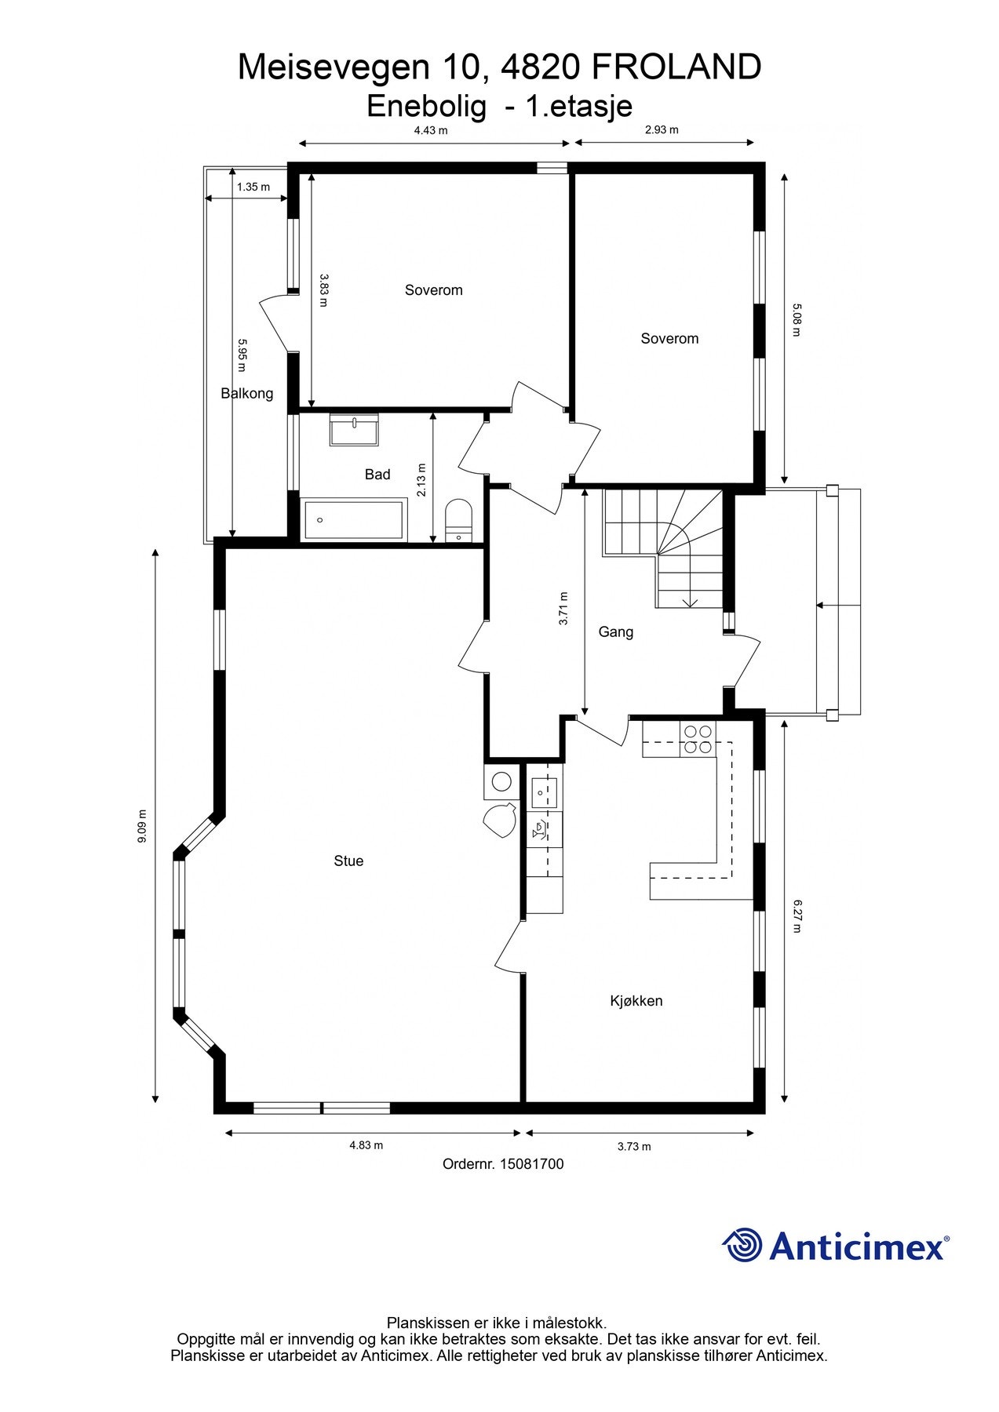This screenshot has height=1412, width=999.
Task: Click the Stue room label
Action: [348, 861]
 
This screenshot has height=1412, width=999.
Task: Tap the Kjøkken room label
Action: [636, 1000]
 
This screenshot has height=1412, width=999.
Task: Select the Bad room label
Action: [377, 474]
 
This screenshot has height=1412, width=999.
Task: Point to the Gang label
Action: [616, 631]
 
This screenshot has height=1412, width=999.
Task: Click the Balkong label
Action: [247, 393]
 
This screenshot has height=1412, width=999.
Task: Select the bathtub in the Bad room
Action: [354, 519]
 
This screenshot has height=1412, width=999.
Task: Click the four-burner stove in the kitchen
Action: [698, 739]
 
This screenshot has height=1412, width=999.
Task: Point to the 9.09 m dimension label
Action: [142, 826]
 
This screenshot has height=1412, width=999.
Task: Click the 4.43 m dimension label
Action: [431, 130]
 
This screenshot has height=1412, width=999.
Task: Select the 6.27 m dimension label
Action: [797, 915]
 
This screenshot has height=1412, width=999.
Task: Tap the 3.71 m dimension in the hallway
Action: [563, 608]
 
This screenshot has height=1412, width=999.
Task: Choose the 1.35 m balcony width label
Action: [253, 187]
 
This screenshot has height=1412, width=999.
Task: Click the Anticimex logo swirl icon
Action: [742, 1245]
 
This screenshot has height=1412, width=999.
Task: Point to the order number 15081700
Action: [531, 1164]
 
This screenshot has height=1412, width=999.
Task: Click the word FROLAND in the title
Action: [676, 67]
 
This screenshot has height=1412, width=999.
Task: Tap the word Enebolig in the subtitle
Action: [427, 106]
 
